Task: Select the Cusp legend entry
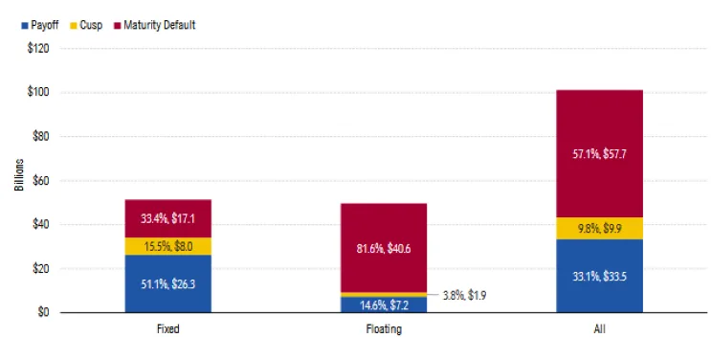[x=91, y=25]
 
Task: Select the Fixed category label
[x=168, y=329]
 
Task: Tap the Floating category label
[x=385, y=329]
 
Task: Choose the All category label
[x=600, y=329]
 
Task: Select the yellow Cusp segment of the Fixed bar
[x=168, y=246]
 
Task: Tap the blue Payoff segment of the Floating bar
[x=385, y=305]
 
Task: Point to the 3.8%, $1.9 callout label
[x=464, y=296]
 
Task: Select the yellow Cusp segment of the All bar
[x=600, y=229]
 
